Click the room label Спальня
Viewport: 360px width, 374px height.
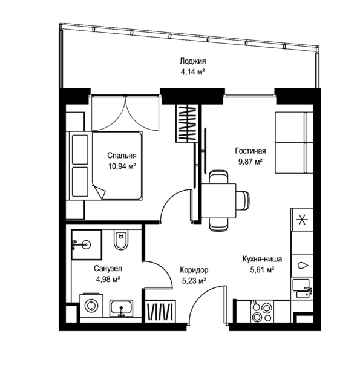point(122,156)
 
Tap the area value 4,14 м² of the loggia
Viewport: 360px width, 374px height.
point(193,72)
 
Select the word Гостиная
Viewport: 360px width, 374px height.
point(250,151)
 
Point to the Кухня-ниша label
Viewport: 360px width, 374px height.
point(262,259)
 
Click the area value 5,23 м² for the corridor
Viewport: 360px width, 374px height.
point(194,281)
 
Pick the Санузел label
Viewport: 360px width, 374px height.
point(108,269)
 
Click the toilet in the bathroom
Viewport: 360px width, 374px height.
point(121,240)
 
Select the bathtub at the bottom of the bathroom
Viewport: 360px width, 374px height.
point(122,308)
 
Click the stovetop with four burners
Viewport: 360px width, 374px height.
point(262,312)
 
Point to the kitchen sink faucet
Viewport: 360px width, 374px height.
point(309,290)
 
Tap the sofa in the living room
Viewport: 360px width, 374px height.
point(294,142)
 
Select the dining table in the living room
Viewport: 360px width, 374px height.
point(219,200)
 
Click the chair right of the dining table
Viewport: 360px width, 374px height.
point(243,200)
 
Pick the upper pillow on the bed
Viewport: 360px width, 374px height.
point(80,149)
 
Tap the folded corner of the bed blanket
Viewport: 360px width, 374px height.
point(99,191)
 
